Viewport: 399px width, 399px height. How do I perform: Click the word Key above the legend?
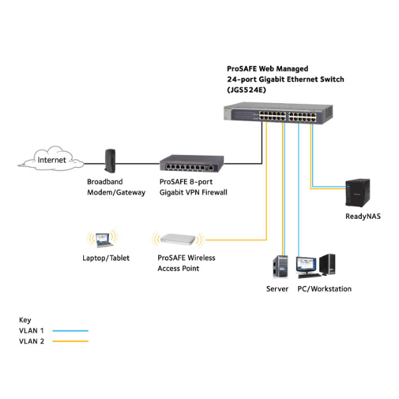pyautogui.click(x=25, y=320)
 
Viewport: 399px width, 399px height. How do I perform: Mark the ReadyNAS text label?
pyautogui.click(x=363, y=216)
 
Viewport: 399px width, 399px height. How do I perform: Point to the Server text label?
pyautogui.click(x=277, y=289)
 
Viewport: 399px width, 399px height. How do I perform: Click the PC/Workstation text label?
pyautogui.click(x=324, y=289)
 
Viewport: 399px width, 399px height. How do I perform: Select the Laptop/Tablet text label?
pyautogui.click(x=106, y=258)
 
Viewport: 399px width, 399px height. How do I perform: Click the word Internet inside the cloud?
pyautogui.click(x=52, y=160)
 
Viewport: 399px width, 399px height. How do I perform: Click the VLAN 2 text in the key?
pyautogui.click(x=31, y=342)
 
